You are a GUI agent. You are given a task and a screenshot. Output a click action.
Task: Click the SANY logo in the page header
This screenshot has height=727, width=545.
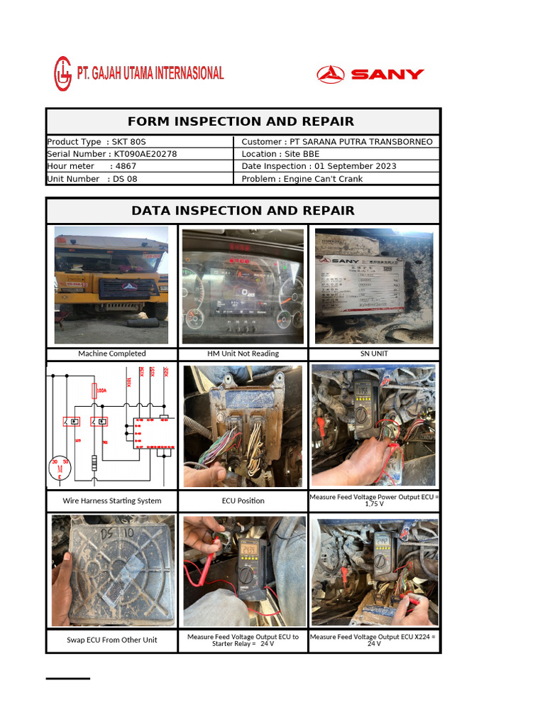(x=370, y=74)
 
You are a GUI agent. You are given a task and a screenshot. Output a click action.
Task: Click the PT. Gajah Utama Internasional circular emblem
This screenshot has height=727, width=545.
(x=62, y=74)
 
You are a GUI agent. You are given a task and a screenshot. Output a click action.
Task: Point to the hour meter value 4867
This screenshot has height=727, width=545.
(x=126, y=166)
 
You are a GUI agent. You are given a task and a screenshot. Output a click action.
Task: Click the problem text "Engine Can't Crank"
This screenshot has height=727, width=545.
(x=323, y=179)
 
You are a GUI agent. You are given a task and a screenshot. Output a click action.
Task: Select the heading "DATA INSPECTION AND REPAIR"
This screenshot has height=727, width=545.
(x=243, y=211)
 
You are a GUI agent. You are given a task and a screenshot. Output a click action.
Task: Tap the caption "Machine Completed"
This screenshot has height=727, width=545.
(x=112, y=354)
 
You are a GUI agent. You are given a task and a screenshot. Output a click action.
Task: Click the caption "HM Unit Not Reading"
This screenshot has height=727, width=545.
(x=243, y=354)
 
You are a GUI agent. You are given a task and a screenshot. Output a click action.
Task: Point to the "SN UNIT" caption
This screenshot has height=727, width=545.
(x=374, y=354)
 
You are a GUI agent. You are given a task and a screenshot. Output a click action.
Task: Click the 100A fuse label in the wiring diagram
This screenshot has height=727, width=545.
(x=101, y=390)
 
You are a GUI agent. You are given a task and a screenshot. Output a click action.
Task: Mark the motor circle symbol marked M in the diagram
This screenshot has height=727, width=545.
(x=60, y=469)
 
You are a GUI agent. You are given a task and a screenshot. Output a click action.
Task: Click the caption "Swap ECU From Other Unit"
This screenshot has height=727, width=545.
(x=112, y=640)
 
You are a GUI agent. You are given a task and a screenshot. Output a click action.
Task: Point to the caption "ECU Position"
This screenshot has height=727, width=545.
(x=243, y=501)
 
